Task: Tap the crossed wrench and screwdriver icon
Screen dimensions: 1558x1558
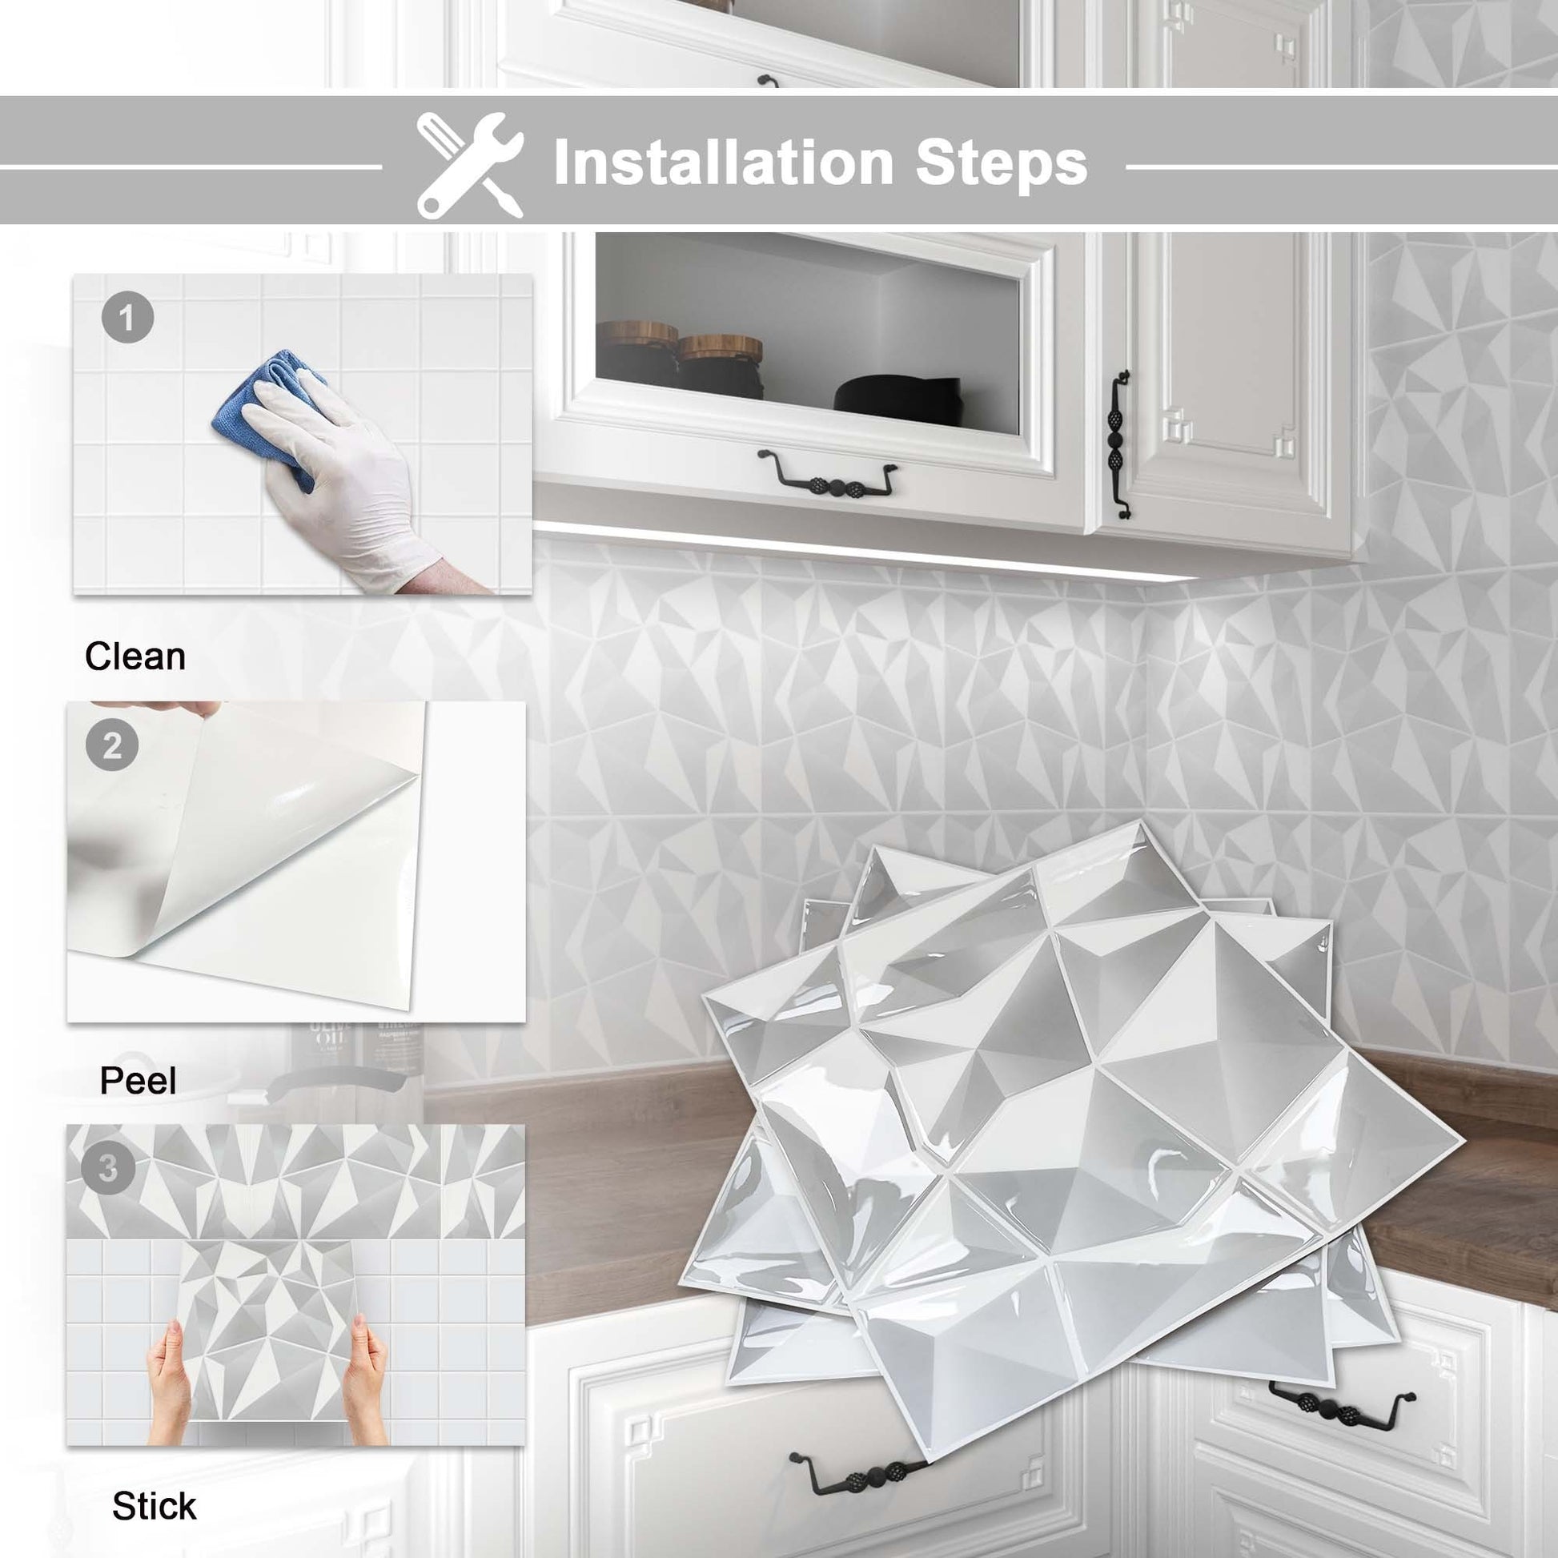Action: [x=470, y=164]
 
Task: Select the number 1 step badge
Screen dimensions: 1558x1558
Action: [x=127, y=318]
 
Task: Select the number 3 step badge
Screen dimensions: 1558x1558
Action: [x=108, y=1167]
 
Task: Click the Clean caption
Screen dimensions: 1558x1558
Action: [x=135, y=657]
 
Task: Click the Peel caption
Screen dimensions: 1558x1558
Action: [x=137, y=1080]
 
